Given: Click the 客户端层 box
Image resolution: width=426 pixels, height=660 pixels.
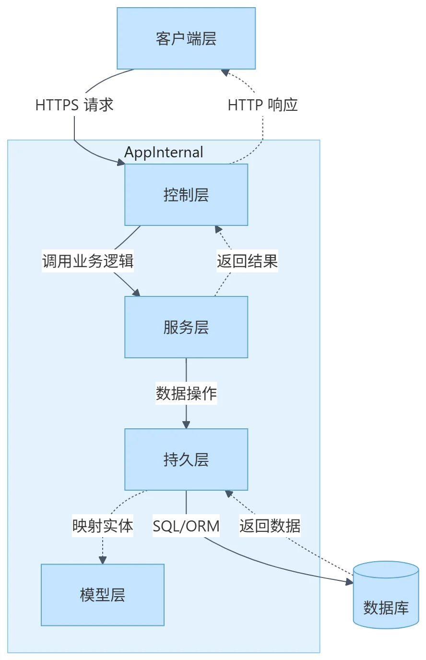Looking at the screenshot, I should pos(186,38).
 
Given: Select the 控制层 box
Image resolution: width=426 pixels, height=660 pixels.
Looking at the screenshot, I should pos(186,195).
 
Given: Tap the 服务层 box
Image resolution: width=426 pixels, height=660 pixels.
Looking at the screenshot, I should pos(186,327).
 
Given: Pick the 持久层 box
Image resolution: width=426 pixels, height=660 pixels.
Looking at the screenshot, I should pos(186,460).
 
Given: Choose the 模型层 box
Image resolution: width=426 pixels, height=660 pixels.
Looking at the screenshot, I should pos(103,595).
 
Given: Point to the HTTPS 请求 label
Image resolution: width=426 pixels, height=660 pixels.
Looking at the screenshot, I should pos(74,105).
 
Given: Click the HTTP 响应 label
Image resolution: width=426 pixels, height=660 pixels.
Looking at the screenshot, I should pos(263,105).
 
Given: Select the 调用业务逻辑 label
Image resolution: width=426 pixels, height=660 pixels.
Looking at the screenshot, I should pos(88,261).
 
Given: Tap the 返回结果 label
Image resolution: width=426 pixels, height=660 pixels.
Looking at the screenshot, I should pos(247,261).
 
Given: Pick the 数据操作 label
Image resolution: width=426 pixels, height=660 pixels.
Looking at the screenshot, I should pos(186,393).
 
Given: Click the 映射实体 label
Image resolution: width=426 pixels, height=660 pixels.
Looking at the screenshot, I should pos(103,526).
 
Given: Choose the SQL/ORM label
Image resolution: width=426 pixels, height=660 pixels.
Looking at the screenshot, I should pos(186,526).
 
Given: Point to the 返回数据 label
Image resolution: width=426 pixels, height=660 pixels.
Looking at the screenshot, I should pos(270,526).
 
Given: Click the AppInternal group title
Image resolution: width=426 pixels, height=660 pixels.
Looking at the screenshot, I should pos(164,152).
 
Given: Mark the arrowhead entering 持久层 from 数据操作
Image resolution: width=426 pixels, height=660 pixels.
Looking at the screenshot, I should pos(186,425).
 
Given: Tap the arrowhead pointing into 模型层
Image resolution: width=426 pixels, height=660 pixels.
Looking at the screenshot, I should pos(103,560).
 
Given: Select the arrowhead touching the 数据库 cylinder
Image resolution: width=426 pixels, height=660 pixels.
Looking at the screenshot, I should pos(349,582).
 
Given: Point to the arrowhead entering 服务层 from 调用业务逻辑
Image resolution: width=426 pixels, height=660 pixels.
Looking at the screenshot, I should pos(136,293).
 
